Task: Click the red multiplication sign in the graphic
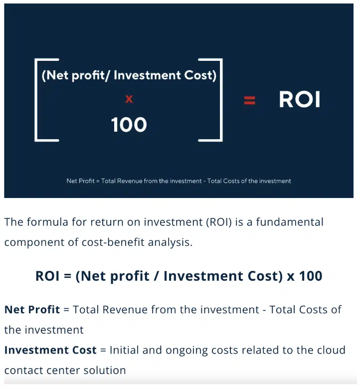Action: click(x=129, y=99)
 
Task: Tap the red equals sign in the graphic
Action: click(x=249, y=100)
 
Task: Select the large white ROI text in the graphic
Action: click(x=299, y=100)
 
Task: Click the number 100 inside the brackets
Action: click(x=129, y=125)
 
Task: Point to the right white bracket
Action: click(x=217, y=100)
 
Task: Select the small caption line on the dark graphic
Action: click(x=179, y=181)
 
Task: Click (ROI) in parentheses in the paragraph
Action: click(x=216, y=222)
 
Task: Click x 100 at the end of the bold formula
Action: click(x=304, y=276)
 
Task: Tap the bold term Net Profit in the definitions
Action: click(x=32, y=309)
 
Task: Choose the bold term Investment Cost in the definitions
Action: click(x=50, y=350)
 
